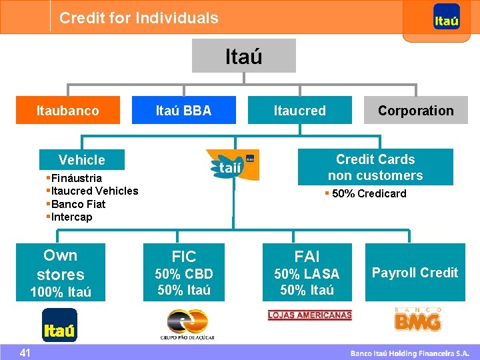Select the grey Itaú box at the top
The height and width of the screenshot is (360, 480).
244,56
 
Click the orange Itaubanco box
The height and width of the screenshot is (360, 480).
68,111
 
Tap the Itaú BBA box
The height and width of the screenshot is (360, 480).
183,111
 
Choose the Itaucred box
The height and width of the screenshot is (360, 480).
300,111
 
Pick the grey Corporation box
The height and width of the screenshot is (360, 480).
415,111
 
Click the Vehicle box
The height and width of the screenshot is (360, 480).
82,160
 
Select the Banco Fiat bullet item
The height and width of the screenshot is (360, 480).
78,204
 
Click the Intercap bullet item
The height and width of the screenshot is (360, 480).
71,217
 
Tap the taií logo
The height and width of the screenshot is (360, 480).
233,165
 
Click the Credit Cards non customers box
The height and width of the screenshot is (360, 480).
375,167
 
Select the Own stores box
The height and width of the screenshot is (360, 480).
61,272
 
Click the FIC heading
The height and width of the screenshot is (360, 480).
184,257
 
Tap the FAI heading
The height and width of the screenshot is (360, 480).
307,257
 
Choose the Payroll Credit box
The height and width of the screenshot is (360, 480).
415,272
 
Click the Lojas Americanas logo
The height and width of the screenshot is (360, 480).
309,315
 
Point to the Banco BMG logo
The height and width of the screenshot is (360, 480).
417,321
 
